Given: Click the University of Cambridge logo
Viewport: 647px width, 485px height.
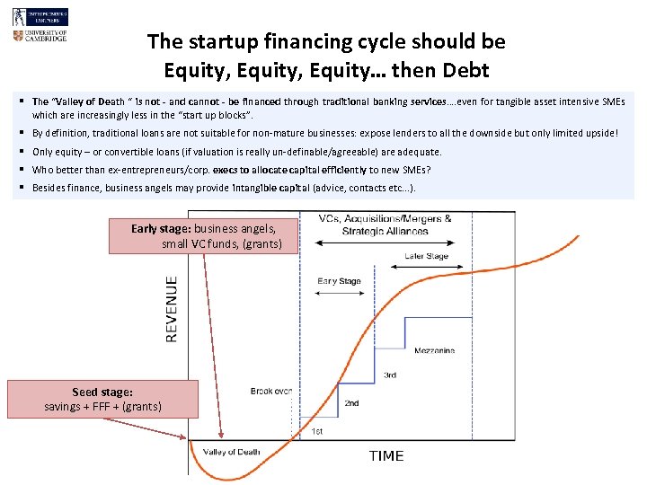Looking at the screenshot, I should coord(40,36).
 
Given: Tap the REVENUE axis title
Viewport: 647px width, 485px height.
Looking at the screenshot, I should coord(171,308).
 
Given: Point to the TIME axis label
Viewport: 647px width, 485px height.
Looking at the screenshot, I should coord(386,456).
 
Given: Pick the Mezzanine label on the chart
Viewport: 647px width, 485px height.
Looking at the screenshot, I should coord(434,351).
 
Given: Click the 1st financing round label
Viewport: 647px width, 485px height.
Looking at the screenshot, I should coord(317,431).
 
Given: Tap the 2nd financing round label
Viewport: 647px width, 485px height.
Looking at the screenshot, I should coord(351,403).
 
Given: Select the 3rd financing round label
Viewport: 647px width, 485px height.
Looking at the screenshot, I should coord(390,375).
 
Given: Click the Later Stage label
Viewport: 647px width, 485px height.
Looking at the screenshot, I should coord(426,256).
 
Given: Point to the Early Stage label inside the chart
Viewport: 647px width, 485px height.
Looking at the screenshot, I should coord(340,281).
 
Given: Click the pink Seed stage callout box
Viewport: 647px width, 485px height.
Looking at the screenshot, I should coord(102,399).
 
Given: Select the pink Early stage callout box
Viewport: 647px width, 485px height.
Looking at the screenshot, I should coord(202,235).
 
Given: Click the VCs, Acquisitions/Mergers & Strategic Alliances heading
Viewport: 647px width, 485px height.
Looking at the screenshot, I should coord(385,225).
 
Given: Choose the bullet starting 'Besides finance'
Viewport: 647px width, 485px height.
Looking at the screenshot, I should coord(224,188).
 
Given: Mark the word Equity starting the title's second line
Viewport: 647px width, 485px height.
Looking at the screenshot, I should coord(193,69).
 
